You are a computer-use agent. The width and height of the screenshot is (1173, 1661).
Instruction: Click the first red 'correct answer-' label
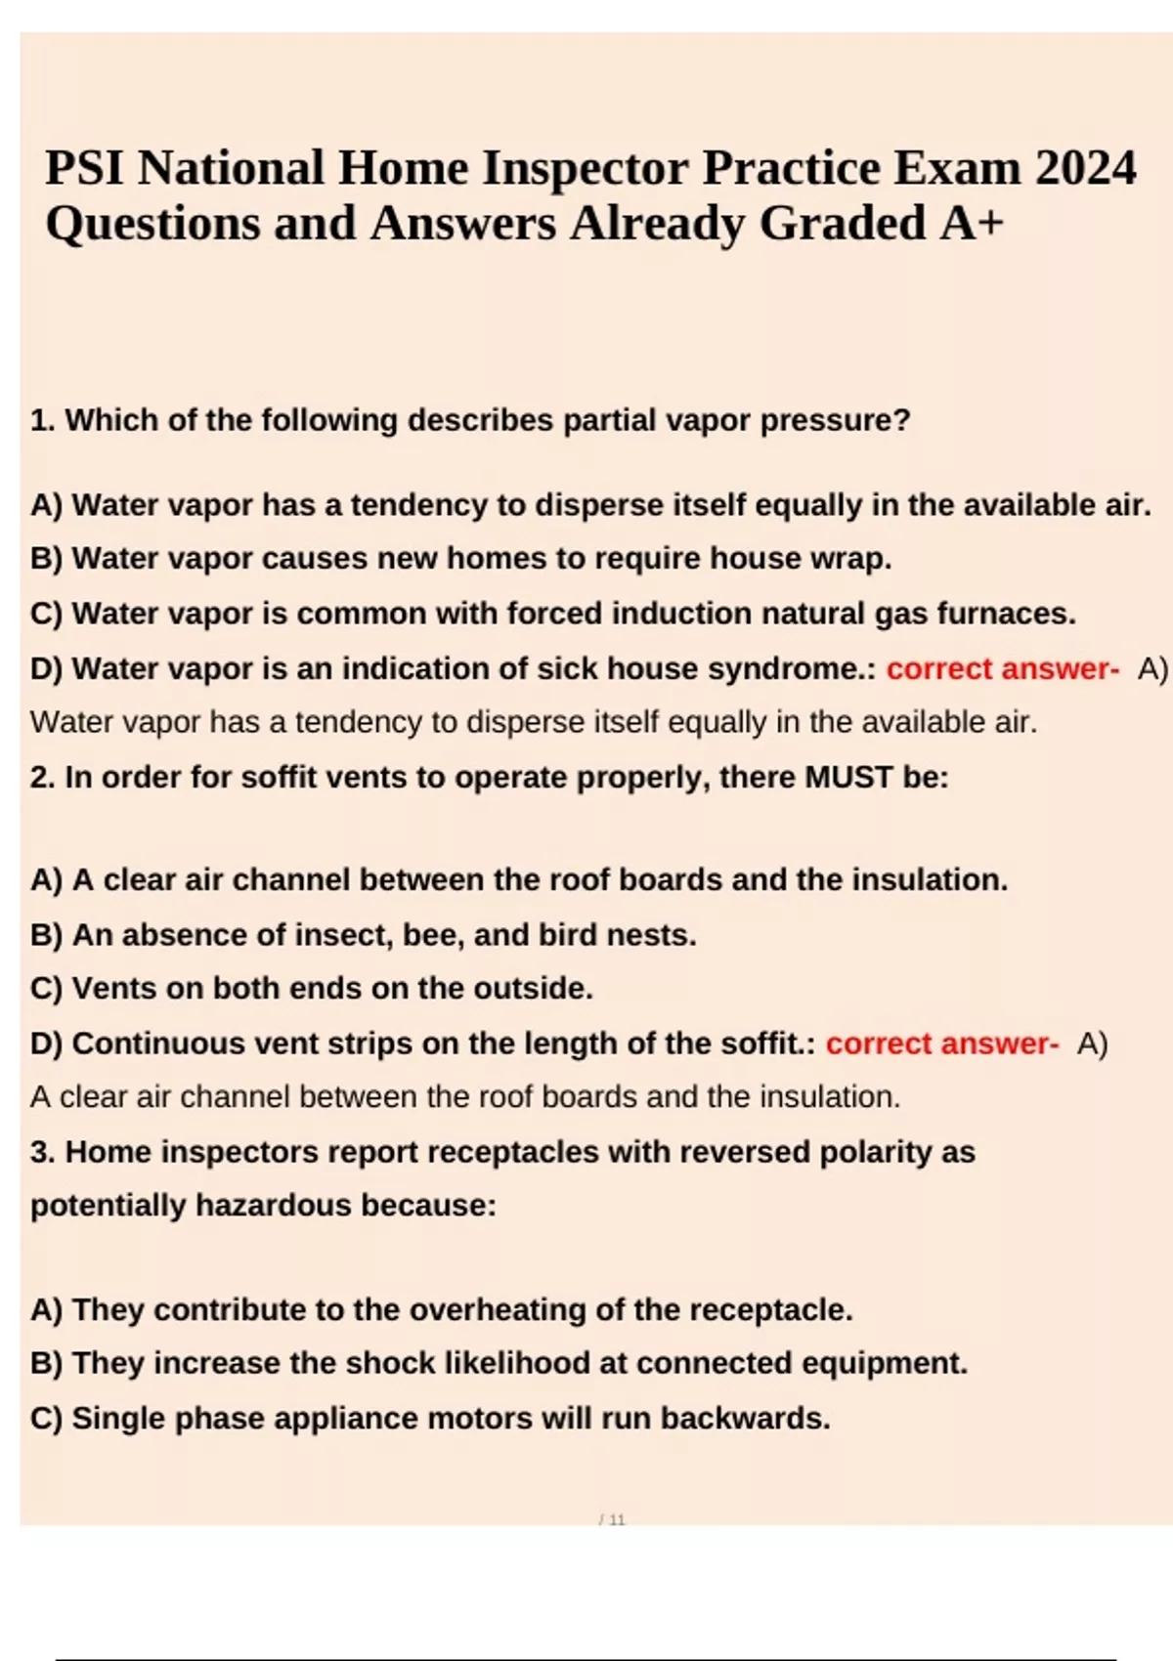click(1002, 669)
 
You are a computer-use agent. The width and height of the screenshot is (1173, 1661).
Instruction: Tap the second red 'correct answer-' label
click(941, 1043)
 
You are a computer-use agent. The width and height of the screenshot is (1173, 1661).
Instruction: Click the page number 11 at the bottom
click(617, 1520)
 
